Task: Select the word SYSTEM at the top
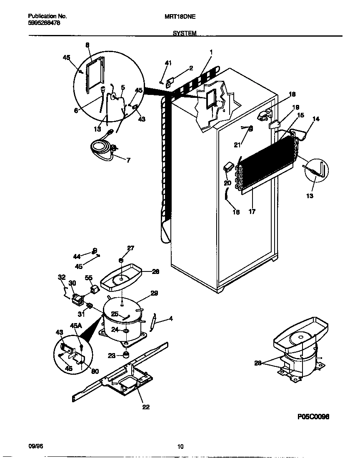coord(184,33)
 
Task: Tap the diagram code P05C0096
coord(313,417)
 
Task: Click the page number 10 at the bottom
coord(180,447)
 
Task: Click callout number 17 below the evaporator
coord(252,212)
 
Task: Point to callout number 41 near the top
coord(168,63)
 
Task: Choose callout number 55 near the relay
coord(88,277)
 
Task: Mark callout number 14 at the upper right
coord(316,119)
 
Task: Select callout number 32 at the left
coord(62,277)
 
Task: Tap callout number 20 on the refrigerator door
coord(227,183)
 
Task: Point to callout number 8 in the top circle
coord(87,45)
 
